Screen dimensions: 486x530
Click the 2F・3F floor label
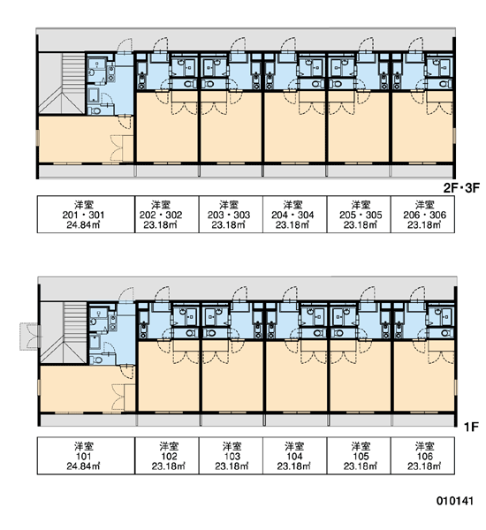(461, 188)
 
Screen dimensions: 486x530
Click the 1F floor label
(471, 427)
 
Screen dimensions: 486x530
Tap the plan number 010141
(454, 501)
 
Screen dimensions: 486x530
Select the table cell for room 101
(86, 456)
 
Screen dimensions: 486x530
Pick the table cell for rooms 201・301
(86, 215)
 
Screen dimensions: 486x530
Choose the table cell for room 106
(422, 456)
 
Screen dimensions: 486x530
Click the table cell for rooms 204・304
(295, 215)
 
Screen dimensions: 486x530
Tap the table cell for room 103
(231, 456)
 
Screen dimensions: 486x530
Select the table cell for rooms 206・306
(422, 215)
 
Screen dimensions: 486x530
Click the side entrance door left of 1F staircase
(30, 337)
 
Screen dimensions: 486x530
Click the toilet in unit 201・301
(96, 110)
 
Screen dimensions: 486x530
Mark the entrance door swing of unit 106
(417, 293)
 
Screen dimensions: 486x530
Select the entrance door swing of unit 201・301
(125, 45)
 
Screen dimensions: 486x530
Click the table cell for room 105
(359, 456)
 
